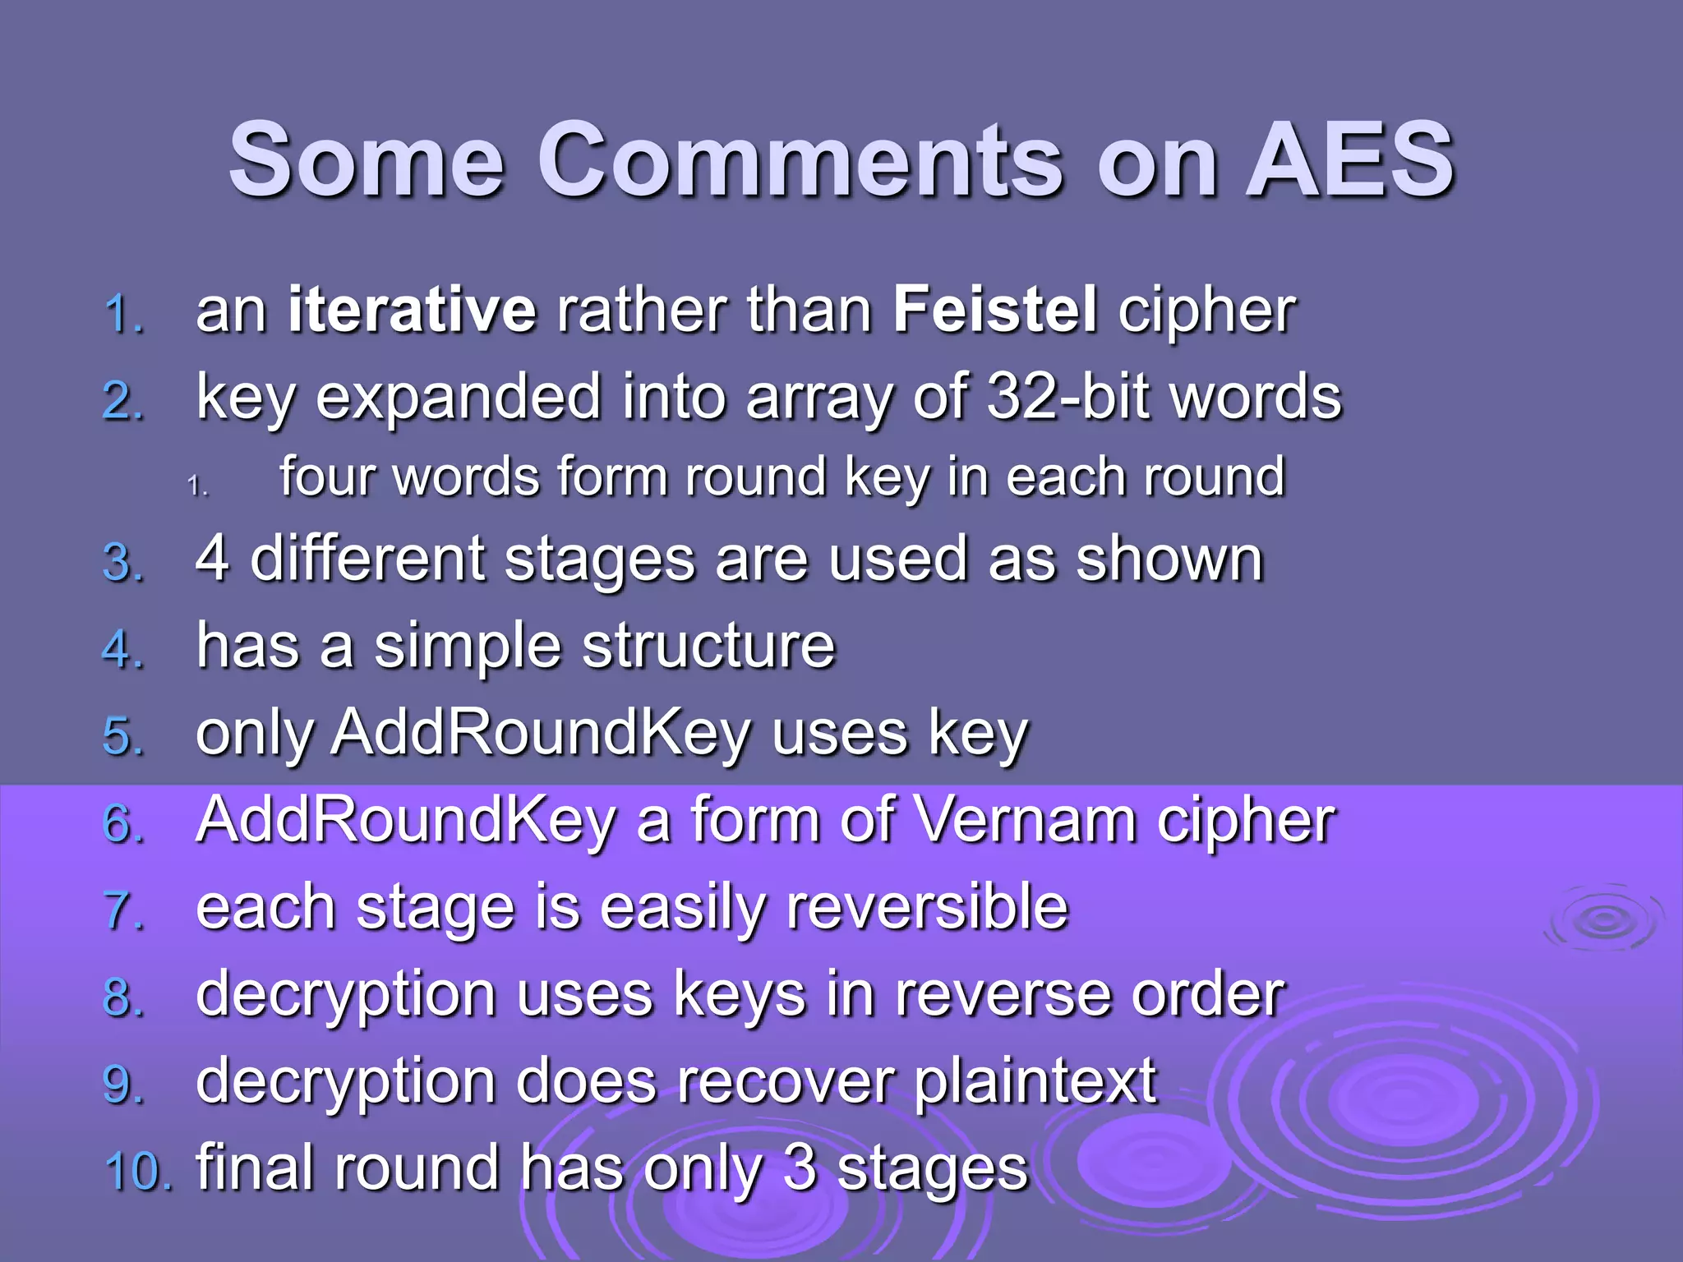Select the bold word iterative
pyautogui.click(x=412, y=311)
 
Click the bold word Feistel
pyautogui.click(x=995, y=311)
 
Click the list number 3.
pyautogui.click(x=123, y=564)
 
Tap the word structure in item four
pyautogui.click(x=708, y=647)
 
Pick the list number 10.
pyautogui.click(x=137, y=1170)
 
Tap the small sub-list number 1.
pyautogui.click(x=197, y=486)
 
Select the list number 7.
pyautogui.click(x=123, y=911)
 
